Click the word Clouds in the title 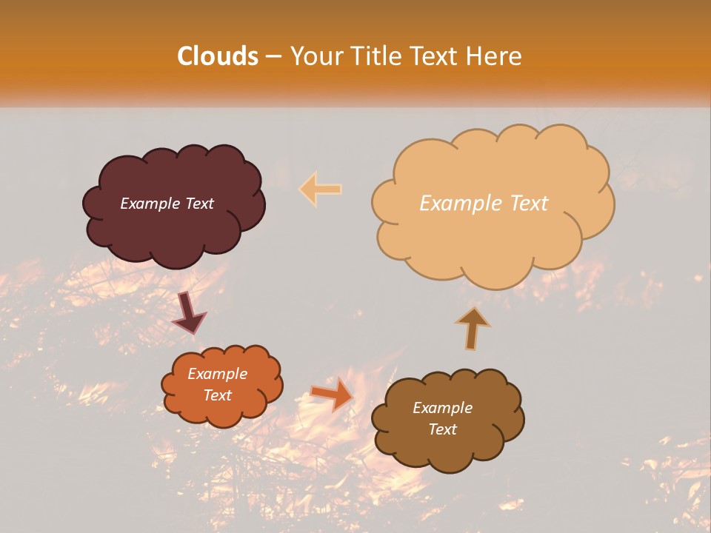coord(218,56)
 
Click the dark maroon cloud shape coord(173,229)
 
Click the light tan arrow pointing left coord(320,189)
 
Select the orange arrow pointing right coord(332,393)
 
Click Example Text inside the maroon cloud coord(167,204)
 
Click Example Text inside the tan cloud coord(484,204)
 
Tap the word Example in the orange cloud coord(217,374)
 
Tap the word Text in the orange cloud coord(217,395)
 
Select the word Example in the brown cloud coord(442,408)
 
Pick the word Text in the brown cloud coord(442,429)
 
